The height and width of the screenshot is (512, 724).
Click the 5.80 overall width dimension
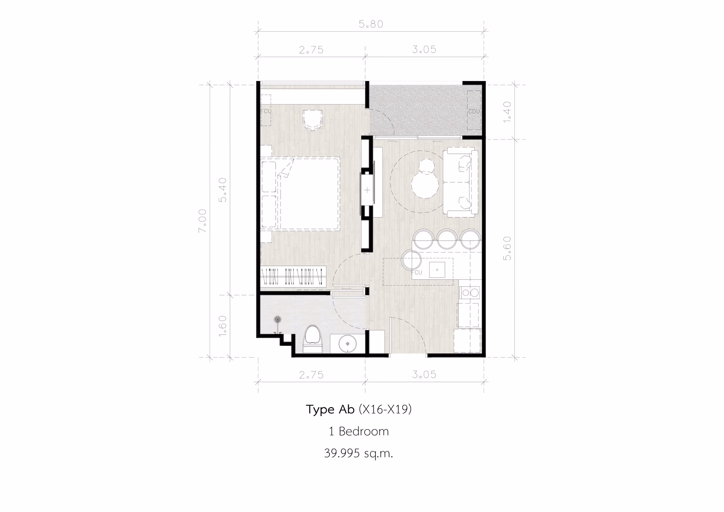click(371, 24)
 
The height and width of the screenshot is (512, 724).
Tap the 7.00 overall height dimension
click(202, 221)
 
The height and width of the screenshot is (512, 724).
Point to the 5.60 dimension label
click(507, 248)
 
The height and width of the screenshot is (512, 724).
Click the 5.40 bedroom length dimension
click(223, 190)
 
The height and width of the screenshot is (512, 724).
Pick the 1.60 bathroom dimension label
click(223, 326)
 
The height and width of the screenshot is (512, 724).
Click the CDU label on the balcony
click(474, 112)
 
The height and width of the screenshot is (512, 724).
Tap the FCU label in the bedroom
click(265, 111)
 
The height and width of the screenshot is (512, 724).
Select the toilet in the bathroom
click(313, 339)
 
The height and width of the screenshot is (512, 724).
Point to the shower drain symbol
click(278, 319)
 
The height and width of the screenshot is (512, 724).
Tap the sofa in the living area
click(460, 183)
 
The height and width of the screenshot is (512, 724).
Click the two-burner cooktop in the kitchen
click(470, 293)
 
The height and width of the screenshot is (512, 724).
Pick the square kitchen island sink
click(437, 269)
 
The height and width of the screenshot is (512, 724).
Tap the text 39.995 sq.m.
click(359, 453)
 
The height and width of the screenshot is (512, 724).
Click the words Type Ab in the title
click(330, 409)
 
